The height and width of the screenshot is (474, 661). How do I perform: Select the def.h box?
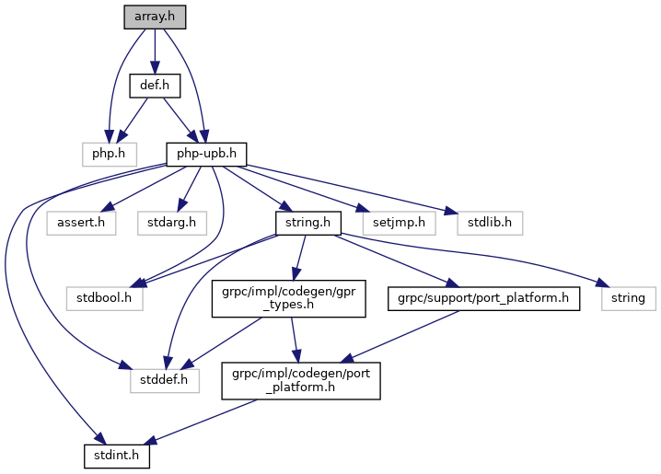coord(154,87)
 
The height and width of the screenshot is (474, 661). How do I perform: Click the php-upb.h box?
coord(206,150)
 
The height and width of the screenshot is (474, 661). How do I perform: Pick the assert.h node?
coord(80,221)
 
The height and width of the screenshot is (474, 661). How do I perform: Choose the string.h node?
coord(308,221)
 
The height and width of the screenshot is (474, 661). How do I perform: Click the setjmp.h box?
coord(392,221)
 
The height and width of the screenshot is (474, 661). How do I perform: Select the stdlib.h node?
coord(490,221)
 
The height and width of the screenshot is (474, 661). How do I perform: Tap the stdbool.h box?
coord(104,298)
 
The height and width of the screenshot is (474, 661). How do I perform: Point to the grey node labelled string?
coord(629,298)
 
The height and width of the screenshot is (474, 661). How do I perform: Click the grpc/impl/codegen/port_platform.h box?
coord(301,377)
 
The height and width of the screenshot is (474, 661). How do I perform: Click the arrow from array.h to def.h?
coord(154,51)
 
